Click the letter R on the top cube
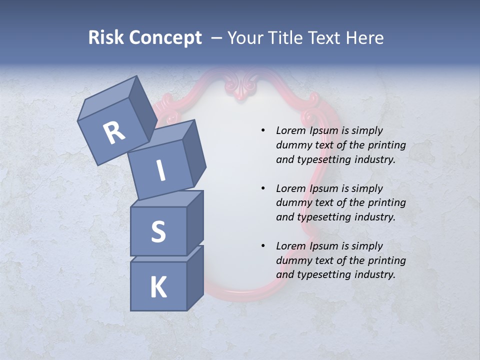(x=114, y=132)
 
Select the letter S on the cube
(x=158, y=232)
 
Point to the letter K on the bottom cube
(x=158, y=287)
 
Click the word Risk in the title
(x=105, y=38)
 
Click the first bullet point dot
(x=263, y=130)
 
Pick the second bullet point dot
(x=263, y=188)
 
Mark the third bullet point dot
(x=263, y=246)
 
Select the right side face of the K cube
(x=195, y=277)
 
